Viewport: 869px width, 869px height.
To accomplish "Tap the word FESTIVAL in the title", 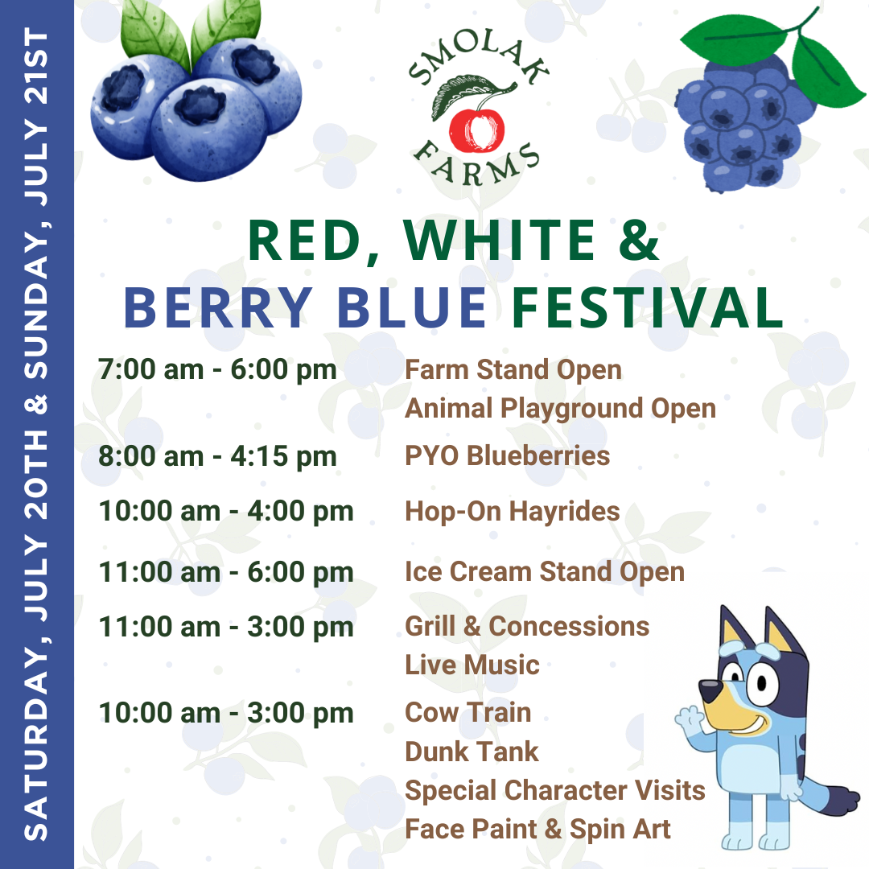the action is coord(647,307).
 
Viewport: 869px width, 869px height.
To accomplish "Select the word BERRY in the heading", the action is coord(218,307).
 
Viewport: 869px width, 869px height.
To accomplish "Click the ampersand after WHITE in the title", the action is coord(639,240).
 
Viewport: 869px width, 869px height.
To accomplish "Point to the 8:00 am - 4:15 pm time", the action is coord(218,457).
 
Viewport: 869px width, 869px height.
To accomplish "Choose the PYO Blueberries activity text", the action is coord(507,456).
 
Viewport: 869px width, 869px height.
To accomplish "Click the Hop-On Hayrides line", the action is coord(512,512).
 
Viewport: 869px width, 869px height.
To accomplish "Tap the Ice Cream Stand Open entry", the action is coord(545,572).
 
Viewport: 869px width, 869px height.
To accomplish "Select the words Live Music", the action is coord(472,665).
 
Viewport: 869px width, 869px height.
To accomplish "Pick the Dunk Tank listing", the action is coord(472,752).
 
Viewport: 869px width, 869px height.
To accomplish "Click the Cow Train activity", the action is coord(467,713).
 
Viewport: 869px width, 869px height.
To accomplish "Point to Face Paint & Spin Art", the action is coord(537,830).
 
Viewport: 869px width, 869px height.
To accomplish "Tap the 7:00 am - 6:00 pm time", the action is coord(218,369).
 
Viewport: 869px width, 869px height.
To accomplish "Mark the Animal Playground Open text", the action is coord(560,409).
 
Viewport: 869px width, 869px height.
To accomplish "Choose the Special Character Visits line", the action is coord(555,791).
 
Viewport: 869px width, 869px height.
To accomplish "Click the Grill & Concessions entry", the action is coord(527,627).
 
